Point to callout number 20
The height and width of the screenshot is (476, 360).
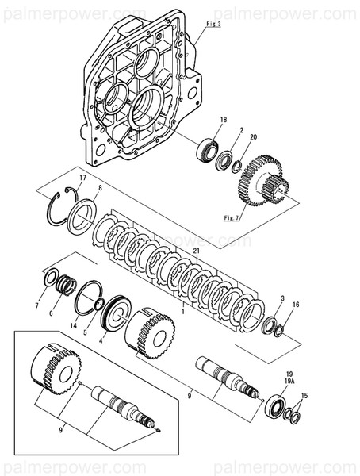click(x=253, y=137)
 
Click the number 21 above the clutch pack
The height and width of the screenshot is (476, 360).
click(x=197, y=251)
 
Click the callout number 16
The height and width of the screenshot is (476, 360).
click(x=296, y=305)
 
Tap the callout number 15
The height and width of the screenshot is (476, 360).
click(x=307, y=395)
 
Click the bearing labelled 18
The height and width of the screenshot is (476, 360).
click(x=209, y=148)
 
